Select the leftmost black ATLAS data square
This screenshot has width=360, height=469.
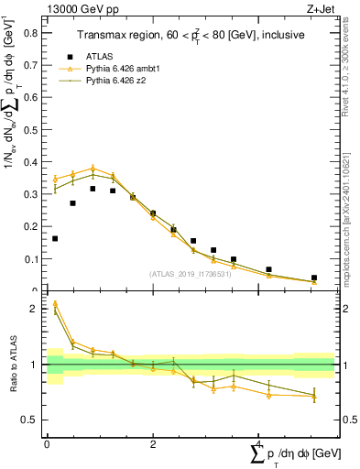point(56,238)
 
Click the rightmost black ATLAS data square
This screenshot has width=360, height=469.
point(314,278)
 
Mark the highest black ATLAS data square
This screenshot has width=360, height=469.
point(93,189)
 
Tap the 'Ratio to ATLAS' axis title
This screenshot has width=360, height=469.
point(13,365)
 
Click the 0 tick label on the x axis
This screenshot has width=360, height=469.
point(47,443)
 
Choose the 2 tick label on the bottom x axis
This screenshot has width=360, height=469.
point(153,443)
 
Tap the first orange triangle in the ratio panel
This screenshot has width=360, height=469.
point(55,303)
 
